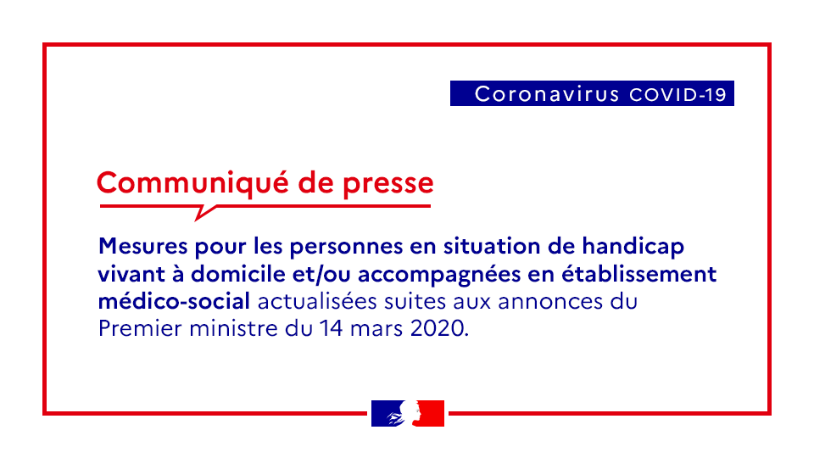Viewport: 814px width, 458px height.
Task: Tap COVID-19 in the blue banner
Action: point(677,94)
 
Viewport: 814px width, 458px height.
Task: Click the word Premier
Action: point(135,328)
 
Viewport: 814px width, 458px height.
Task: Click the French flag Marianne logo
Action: point(407,413)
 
